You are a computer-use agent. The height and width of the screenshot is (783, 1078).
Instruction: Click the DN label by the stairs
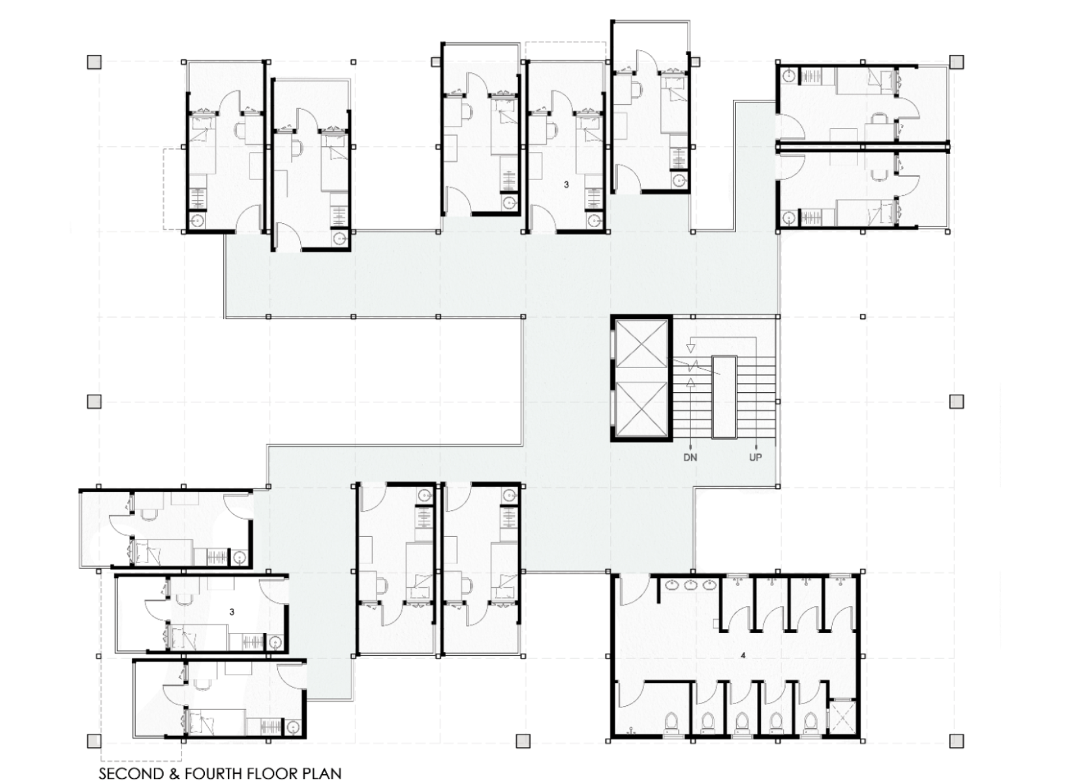pyautogui.click(x=690, y=457)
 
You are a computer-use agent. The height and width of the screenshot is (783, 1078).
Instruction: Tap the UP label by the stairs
pyautogui.click(x=756, y=457)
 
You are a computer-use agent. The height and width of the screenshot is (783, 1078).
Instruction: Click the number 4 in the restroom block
pyautogui.click(x=743, y=656)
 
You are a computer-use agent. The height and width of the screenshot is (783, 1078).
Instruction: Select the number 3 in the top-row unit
pyautogui.click(x=566, y=184)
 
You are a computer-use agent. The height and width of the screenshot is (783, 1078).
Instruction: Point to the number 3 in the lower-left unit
pyautogui.click(x=232, y=612)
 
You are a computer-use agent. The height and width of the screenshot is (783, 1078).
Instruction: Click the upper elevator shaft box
pyautogui.click(x=641, y=350)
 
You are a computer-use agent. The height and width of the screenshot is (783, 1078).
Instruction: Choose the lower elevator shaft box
pyautogui.click(x=641, y=410)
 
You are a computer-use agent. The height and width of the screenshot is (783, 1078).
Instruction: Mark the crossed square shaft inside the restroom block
pyautogui.click(x=843, y=718)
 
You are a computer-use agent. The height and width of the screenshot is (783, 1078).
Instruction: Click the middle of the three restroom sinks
pyautogui.click(x=692, y=586)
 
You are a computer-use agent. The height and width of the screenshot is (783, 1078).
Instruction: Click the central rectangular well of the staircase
pyautogui.click(x=724, y=397)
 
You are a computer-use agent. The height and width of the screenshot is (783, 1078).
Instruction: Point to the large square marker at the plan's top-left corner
pyautogui.click(x=94, y=61)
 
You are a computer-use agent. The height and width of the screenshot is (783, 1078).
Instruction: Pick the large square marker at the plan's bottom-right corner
pyautogui.click(x=957, y=741)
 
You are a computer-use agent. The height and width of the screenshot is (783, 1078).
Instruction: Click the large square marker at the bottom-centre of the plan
pyautogui.click(x=523, y=741)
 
